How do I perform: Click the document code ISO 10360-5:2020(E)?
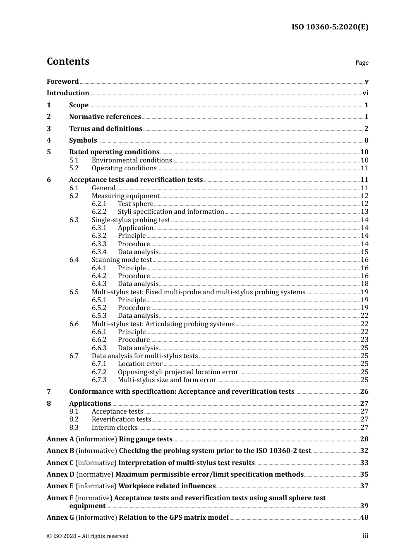click(330, 27)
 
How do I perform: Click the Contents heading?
click(68, 61)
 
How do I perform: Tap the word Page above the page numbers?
click(362, 63)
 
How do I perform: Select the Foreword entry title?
click(62, 82)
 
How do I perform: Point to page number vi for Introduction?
click(365, 93)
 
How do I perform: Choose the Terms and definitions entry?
click(105, 129)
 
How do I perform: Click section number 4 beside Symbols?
click(49, 140)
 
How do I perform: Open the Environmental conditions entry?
click(132, 160)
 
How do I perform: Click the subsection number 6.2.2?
click(99, 212)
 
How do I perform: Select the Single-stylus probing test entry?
click(131, 220)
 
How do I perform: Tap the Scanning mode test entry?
click(122, 260)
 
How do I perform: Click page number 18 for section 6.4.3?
click(364, 284)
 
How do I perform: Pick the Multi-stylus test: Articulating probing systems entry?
click(163, 324)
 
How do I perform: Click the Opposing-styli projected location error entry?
click(178, 372)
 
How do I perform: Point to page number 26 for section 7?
click(364, 392)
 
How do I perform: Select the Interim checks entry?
click(114, 428)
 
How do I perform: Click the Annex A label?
click(60, 439)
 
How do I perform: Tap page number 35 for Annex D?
click(364, 475)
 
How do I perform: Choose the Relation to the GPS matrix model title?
click(173, 518)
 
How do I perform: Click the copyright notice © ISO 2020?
click(87, 536)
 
